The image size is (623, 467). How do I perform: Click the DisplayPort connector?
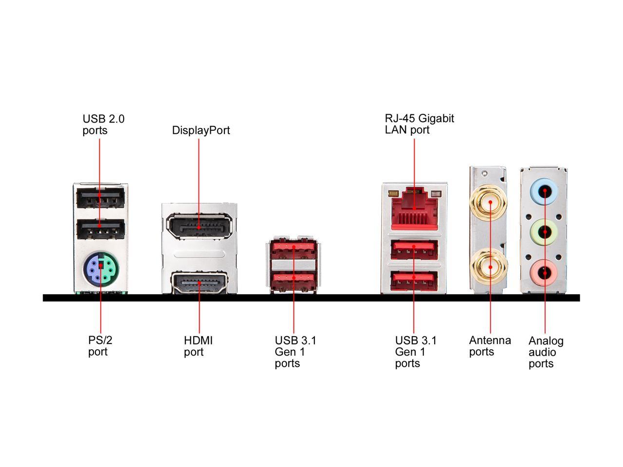coord(199,227)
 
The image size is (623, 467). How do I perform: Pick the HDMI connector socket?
coord(199,283)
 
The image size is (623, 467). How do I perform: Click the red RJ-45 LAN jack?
coord(414,209)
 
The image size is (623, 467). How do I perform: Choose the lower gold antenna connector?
coord(490,267)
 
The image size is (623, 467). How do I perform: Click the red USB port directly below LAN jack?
coord(414,250)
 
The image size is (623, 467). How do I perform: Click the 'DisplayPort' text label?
coord(201,130)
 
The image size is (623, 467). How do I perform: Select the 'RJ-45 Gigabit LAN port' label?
coord(419,124)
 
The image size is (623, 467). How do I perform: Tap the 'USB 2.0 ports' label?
coord(103,125)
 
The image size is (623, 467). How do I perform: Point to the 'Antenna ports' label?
coord(490,346)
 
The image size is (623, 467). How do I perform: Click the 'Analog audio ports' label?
coord(546,352)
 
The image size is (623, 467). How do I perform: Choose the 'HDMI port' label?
coord(198,346)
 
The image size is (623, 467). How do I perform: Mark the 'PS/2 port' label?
coord(100,346)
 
